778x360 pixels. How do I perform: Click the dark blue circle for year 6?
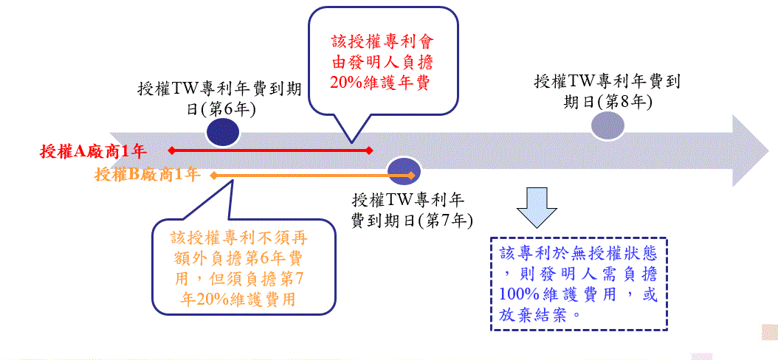[222, 134]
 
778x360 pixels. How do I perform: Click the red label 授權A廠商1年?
[94, 151]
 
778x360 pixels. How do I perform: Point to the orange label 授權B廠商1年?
[148, 175]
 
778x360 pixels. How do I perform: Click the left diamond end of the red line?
[171, 150]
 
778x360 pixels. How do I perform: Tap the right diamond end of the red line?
[370, 150]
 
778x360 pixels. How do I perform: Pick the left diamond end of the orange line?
[213, 175]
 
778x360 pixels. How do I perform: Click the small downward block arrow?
[536, 207]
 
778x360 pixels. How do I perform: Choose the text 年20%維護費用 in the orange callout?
[238, 299]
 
